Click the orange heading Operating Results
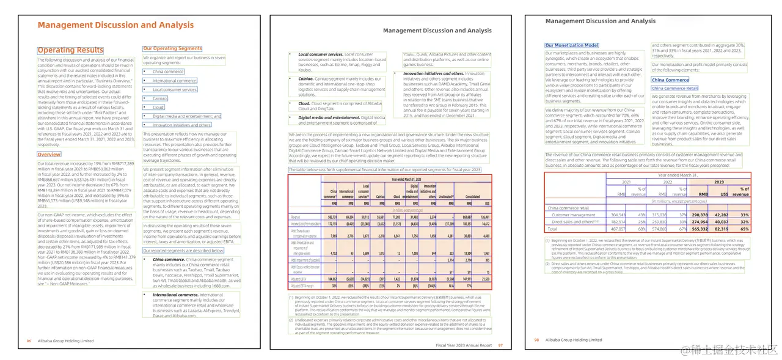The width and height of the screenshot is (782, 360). click(71, 50)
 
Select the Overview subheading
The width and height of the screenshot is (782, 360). click(49, 155)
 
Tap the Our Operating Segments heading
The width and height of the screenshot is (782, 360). click(172, 48)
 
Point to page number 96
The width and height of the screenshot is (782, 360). click(28, 340)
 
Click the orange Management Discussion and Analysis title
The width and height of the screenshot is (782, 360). click(115, 25)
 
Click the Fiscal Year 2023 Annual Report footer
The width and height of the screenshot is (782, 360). click(464, 345)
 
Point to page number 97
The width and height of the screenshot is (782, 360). click(500, 345)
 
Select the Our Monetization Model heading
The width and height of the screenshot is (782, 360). click(572, 45)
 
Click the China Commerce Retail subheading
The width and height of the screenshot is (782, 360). click(674, 89)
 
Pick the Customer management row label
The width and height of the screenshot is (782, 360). click(573, 215)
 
